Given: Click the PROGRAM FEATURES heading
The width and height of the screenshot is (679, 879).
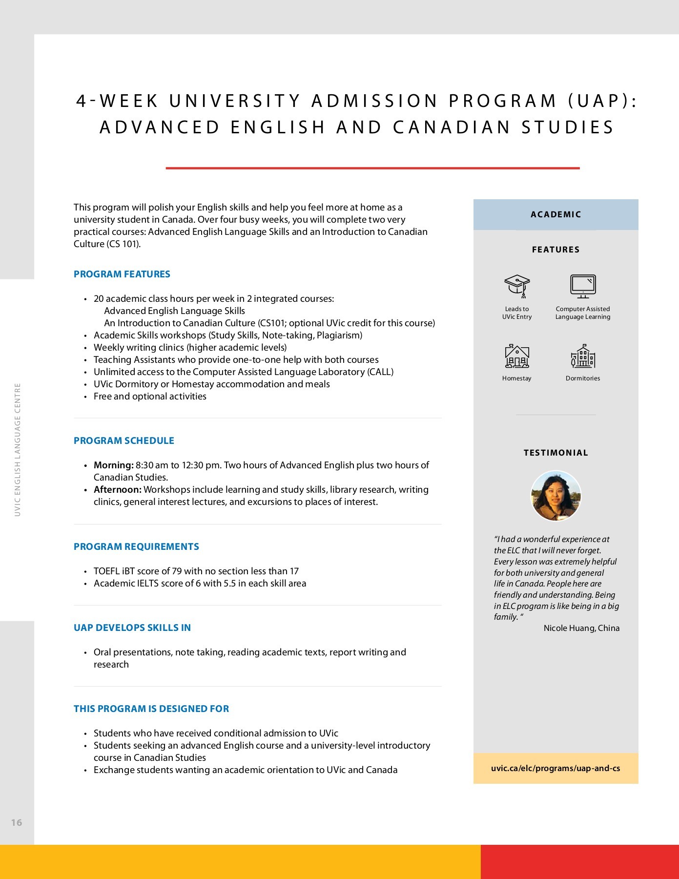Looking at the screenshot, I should click(x=122, y=274).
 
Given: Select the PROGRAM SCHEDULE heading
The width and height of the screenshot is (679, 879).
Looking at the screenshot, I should click(x=123, y=440).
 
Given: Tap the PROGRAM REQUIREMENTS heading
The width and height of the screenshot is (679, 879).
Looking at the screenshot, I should click(x=136, y=546).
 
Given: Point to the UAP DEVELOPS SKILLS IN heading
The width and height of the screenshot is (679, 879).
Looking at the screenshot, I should click(x=132, y=628).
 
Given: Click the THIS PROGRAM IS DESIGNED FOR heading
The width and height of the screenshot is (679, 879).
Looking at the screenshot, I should click(x=151, y=709).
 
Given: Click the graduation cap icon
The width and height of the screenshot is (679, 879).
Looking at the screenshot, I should click(x=517, y=286).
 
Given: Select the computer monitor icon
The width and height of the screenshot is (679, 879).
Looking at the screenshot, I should click(x=583, y=286).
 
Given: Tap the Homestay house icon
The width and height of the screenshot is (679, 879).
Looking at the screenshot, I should click(x=517, y=356).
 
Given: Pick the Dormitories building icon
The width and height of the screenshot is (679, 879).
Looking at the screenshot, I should click(x=583, y=356).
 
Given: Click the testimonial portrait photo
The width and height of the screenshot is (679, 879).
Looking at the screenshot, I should click(x=556, y=496).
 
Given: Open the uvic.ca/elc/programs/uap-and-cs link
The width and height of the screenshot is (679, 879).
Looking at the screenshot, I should click(x=556, y=768).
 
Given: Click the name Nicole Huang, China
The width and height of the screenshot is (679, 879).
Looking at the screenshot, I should click(x=581, y=628).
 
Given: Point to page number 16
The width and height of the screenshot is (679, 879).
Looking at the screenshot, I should click(x=17, y=822).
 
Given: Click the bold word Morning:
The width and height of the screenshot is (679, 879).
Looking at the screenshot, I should click(x=113, y=465).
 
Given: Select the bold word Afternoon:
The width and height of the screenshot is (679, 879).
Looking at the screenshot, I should click(x=117, y=489).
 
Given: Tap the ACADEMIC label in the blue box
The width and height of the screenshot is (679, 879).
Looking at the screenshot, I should click(x=556, y=214).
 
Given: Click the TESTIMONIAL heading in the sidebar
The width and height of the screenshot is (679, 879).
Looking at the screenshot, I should click(x=556, y=453).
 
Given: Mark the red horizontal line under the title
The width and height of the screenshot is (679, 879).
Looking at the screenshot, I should click(x=372, y=168).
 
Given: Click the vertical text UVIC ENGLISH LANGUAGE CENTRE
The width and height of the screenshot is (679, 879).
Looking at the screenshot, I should click(x=18, y=449).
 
